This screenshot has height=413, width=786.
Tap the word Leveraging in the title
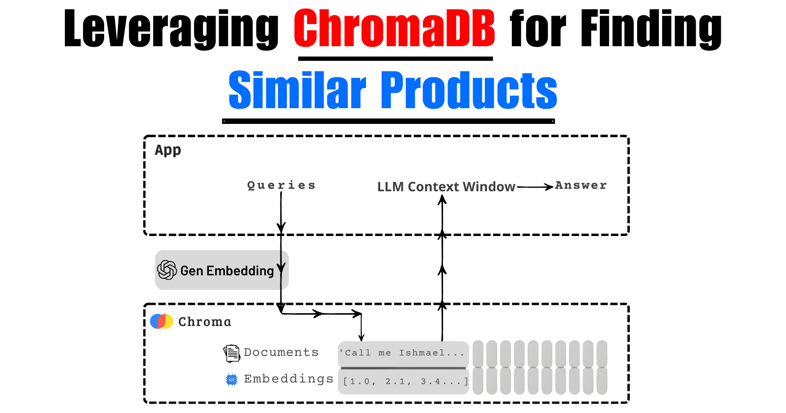171,29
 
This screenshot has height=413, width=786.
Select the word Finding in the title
651,29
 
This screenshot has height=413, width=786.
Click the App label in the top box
168,150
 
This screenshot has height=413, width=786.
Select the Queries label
281,185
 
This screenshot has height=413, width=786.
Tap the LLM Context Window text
446,187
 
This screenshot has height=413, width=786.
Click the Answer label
581,185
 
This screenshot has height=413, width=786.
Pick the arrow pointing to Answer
535,187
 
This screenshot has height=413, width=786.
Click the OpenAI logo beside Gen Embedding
167,270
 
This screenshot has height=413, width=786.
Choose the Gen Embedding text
227,271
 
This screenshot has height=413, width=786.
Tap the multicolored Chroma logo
162,322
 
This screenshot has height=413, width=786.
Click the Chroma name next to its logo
204,322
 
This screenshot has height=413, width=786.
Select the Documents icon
231,353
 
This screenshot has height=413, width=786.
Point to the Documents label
281,353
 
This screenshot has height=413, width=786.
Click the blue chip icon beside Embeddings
231,380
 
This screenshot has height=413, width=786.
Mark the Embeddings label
288,379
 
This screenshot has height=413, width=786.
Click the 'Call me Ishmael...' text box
403,353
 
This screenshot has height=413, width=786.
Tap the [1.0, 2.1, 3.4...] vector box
403,382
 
